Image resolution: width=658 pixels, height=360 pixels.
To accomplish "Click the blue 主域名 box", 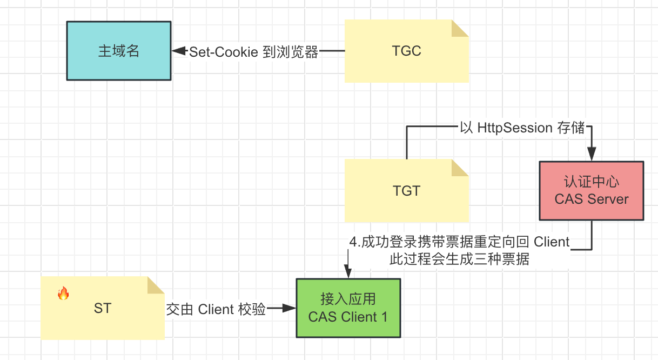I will pos(119,51).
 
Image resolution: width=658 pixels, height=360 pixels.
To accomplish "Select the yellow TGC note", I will pos(406,51).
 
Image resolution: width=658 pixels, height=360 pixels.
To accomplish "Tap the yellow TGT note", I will pos(406,191).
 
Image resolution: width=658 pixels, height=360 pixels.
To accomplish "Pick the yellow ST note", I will pos(103,309).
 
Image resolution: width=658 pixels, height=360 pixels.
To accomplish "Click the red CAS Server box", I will pos(592,191).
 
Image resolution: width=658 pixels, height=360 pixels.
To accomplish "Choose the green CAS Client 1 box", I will pos(348,308).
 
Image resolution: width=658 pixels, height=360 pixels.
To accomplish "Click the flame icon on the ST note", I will pos(63,294).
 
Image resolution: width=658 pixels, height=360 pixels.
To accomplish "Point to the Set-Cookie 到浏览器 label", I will pos(253,52).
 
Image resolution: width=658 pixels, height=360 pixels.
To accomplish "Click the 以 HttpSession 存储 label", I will pos(523,128).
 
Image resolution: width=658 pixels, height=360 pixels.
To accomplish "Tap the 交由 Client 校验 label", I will pos(216,309).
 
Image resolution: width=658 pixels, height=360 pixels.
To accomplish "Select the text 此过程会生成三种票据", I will pos(459,259).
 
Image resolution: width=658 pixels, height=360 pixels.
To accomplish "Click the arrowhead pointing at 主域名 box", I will pos(177,51).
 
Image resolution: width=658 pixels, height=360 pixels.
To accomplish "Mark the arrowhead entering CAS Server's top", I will pos(592,155).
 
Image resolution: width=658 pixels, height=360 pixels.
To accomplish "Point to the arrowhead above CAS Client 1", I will pos(348,273).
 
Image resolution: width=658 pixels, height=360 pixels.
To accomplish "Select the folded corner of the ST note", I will pos(156,285).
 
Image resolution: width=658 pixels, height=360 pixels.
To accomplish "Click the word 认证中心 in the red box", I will pos(592,182).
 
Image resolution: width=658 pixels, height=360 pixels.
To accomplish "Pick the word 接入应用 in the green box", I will pos(348,299).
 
